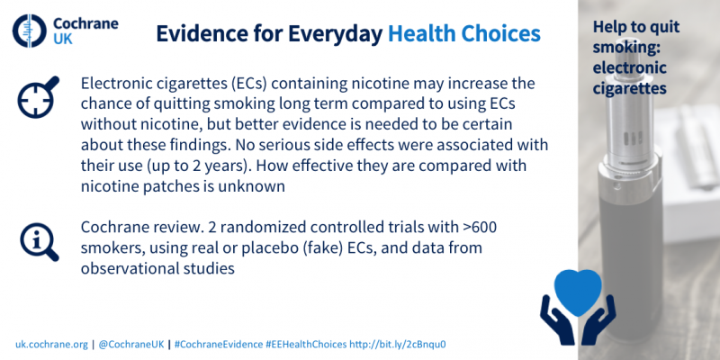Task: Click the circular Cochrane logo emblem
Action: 30,31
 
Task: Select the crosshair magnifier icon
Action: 39,97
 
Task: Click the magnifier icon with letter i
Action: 40,241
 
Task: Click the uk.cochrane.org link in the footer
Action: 51,345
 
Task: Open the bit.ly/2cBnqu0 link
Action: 398,345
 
